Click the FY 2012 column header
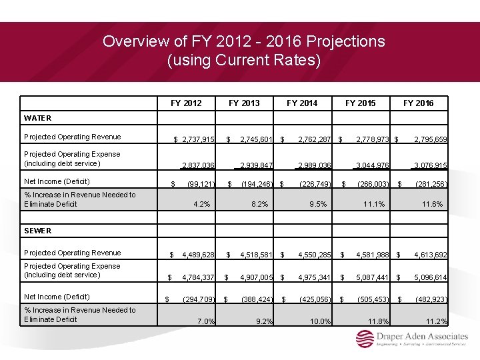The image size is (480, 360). pos(186,103)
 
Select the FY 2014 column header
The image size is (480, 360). pos(302,103)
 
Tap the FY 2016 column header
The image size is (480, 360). pos(418,103)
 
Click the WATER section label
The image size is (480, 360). pos(37,118)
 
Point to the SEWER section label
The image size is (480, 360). pos(38,231)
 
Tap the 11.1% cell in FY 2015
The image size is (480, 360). pos(373,204)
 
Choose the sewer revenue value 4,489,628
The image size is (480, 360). pos(198,255)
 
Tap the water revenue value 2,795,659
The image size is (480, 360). pos(430,139)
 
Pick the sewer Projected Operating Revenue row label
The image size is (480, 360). pos(72,253)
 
